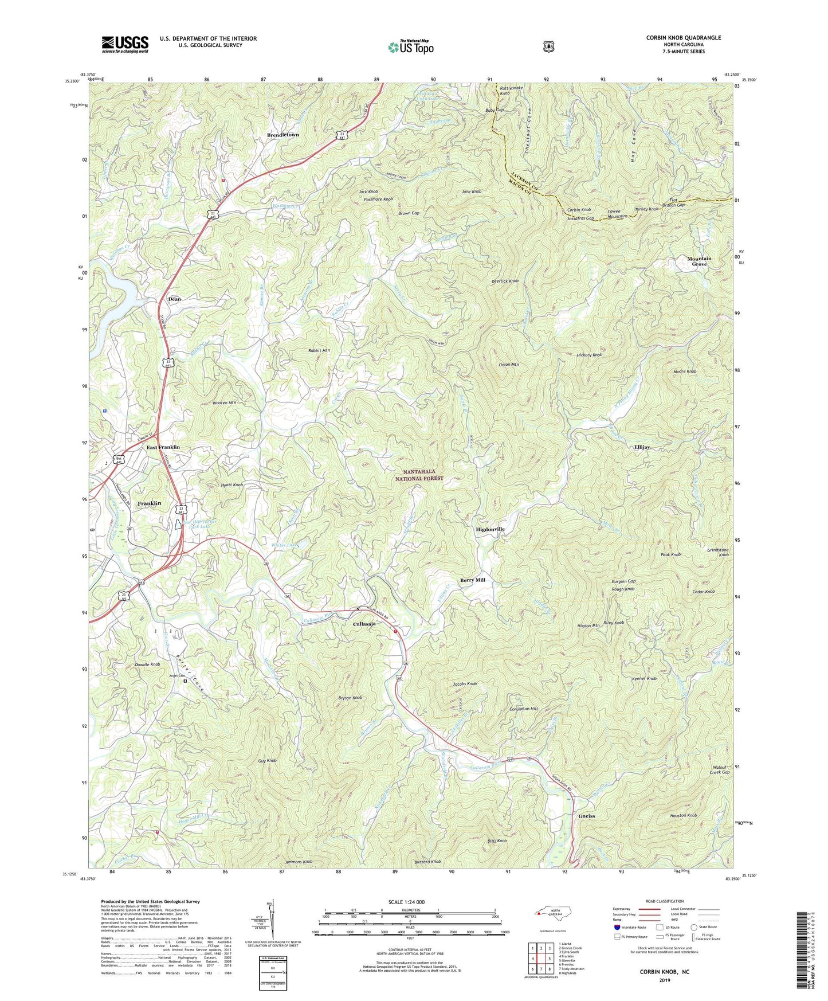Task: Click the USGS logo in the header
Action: [125, 44]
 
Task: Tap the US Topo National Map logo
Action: [410, 46]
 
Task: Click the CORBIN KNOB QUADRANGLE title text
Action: [683, 38]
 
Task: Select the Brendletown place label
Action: [283, 135]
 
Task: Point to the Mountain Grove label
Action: [699, 261]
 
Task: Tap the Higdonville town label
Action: [490, 529]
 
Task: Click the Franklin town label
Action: [149, 503]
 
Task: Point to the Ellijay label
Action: [641, 447]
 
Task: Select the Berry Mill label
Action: [473, 580]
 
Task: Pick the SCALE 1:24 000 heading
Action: [406, 902]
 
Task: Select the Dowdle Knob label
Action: [147, 664]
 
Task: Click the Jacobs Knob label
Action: [465, 684]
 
